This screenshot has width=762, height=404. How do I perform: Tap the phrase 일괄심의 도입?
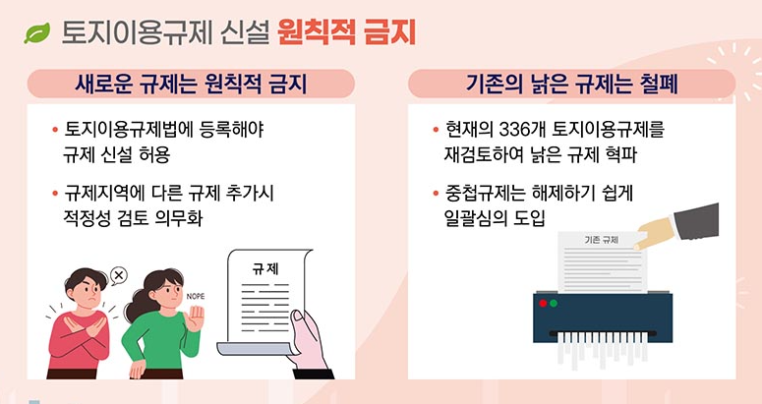494,217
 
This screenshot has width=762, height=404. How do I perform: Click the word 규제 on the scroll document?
265,267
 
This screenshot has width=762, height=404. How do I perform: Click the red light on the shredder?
541,303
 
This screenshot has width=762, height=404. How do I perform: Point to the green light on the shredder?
554,303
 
